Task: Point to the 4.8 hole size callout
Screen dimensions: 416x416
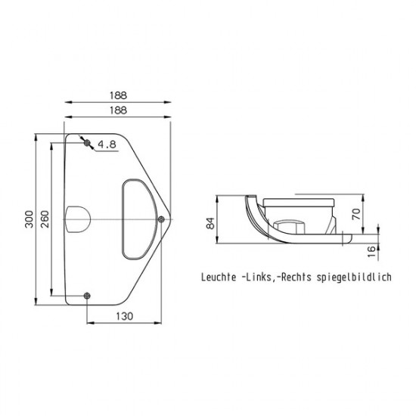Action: [107, 144]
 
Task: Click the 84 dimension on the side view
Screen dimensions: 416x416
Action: [211, 223]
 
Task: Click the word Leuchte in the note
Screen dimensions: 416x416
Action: [219, 277]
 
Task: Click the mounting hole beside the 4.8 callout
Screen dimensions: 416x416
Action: [87, 142]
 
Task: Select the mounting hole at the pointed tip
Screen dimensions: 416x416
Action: [161, 219]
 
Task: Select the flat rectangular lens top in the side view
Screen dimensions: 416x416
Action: [298, 201]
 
